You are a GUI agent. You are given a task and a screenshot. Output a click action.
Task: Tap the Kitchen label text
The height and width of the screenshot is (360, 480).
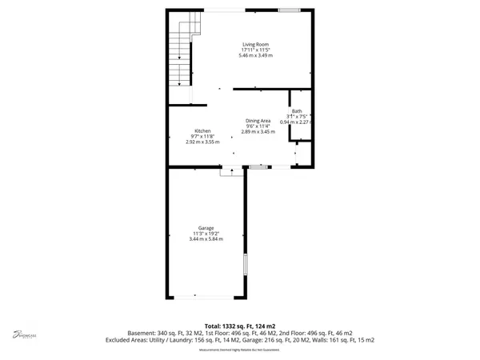click(x=202, y=130)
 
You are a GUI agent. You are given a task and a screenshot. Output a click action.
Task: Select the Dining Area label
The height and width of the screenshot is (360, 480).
click(x=257, y=120)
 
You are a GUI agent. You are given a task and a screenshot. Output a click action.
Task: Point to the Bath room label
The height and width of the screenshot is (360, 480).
click(x=297, y=111)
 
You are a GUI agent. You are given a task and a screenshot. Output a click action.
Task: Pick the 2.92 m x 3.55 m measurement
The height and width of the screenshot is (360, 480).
click(x=202, y=142)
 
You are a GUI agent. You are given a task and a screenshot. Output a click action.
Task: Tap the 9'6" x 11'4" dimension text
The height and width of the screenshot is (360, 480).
click(x=257, y=126)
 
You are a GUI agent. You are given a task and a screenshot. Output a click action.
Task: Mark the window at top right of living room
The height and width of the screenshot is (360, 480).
click(x=290, y=10)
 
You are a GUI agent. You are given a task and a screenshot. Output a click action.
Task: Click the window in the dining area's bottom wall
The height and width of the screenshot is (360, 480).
click(x=258, y=166)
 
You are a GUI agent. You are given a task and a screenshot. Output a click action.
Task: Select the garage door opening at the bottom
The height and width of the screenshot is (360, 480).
click(x=206, y=297)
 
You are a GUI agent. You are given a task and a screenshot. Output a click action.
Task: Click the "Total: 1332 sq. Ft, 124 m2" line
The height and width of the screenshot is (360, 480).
click(x=240, y=326)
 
